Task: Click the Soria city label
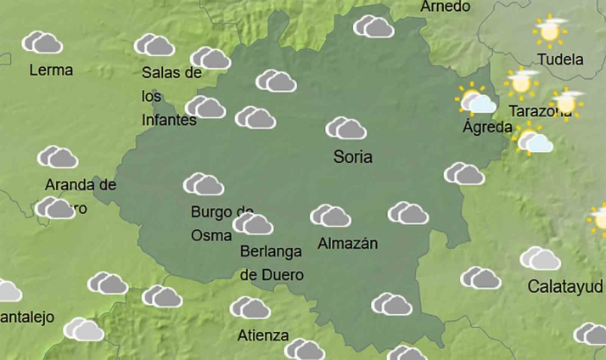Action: point(353,157)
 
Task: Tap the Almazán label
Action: point(347,244)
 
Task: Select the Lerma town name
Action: point(51,70)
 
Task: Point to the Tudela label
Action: point(561,59)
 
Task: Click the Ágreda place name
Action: point(487,127)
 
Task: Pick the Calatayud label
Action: point(565,285)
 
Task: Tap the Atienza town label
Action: point(263,335)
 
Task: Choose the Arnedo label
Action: point(446,7)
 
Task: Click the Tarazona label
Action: point(540,111)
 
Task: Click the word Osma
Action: point(211,234)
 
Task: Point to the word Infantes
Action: point(169,120)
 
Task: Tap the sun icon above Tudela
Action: point(550,31)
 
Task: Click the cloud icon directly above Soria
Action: point(345,128)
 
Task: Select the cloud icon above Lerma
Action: point(42,42)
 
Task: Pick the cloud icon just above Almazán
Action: point(330,216)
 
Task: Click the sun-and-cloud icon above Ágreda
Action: point(476,100)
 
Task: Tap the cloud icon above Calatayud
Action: point(540,258)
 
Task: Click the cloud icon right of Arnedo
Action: point(373,26)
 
